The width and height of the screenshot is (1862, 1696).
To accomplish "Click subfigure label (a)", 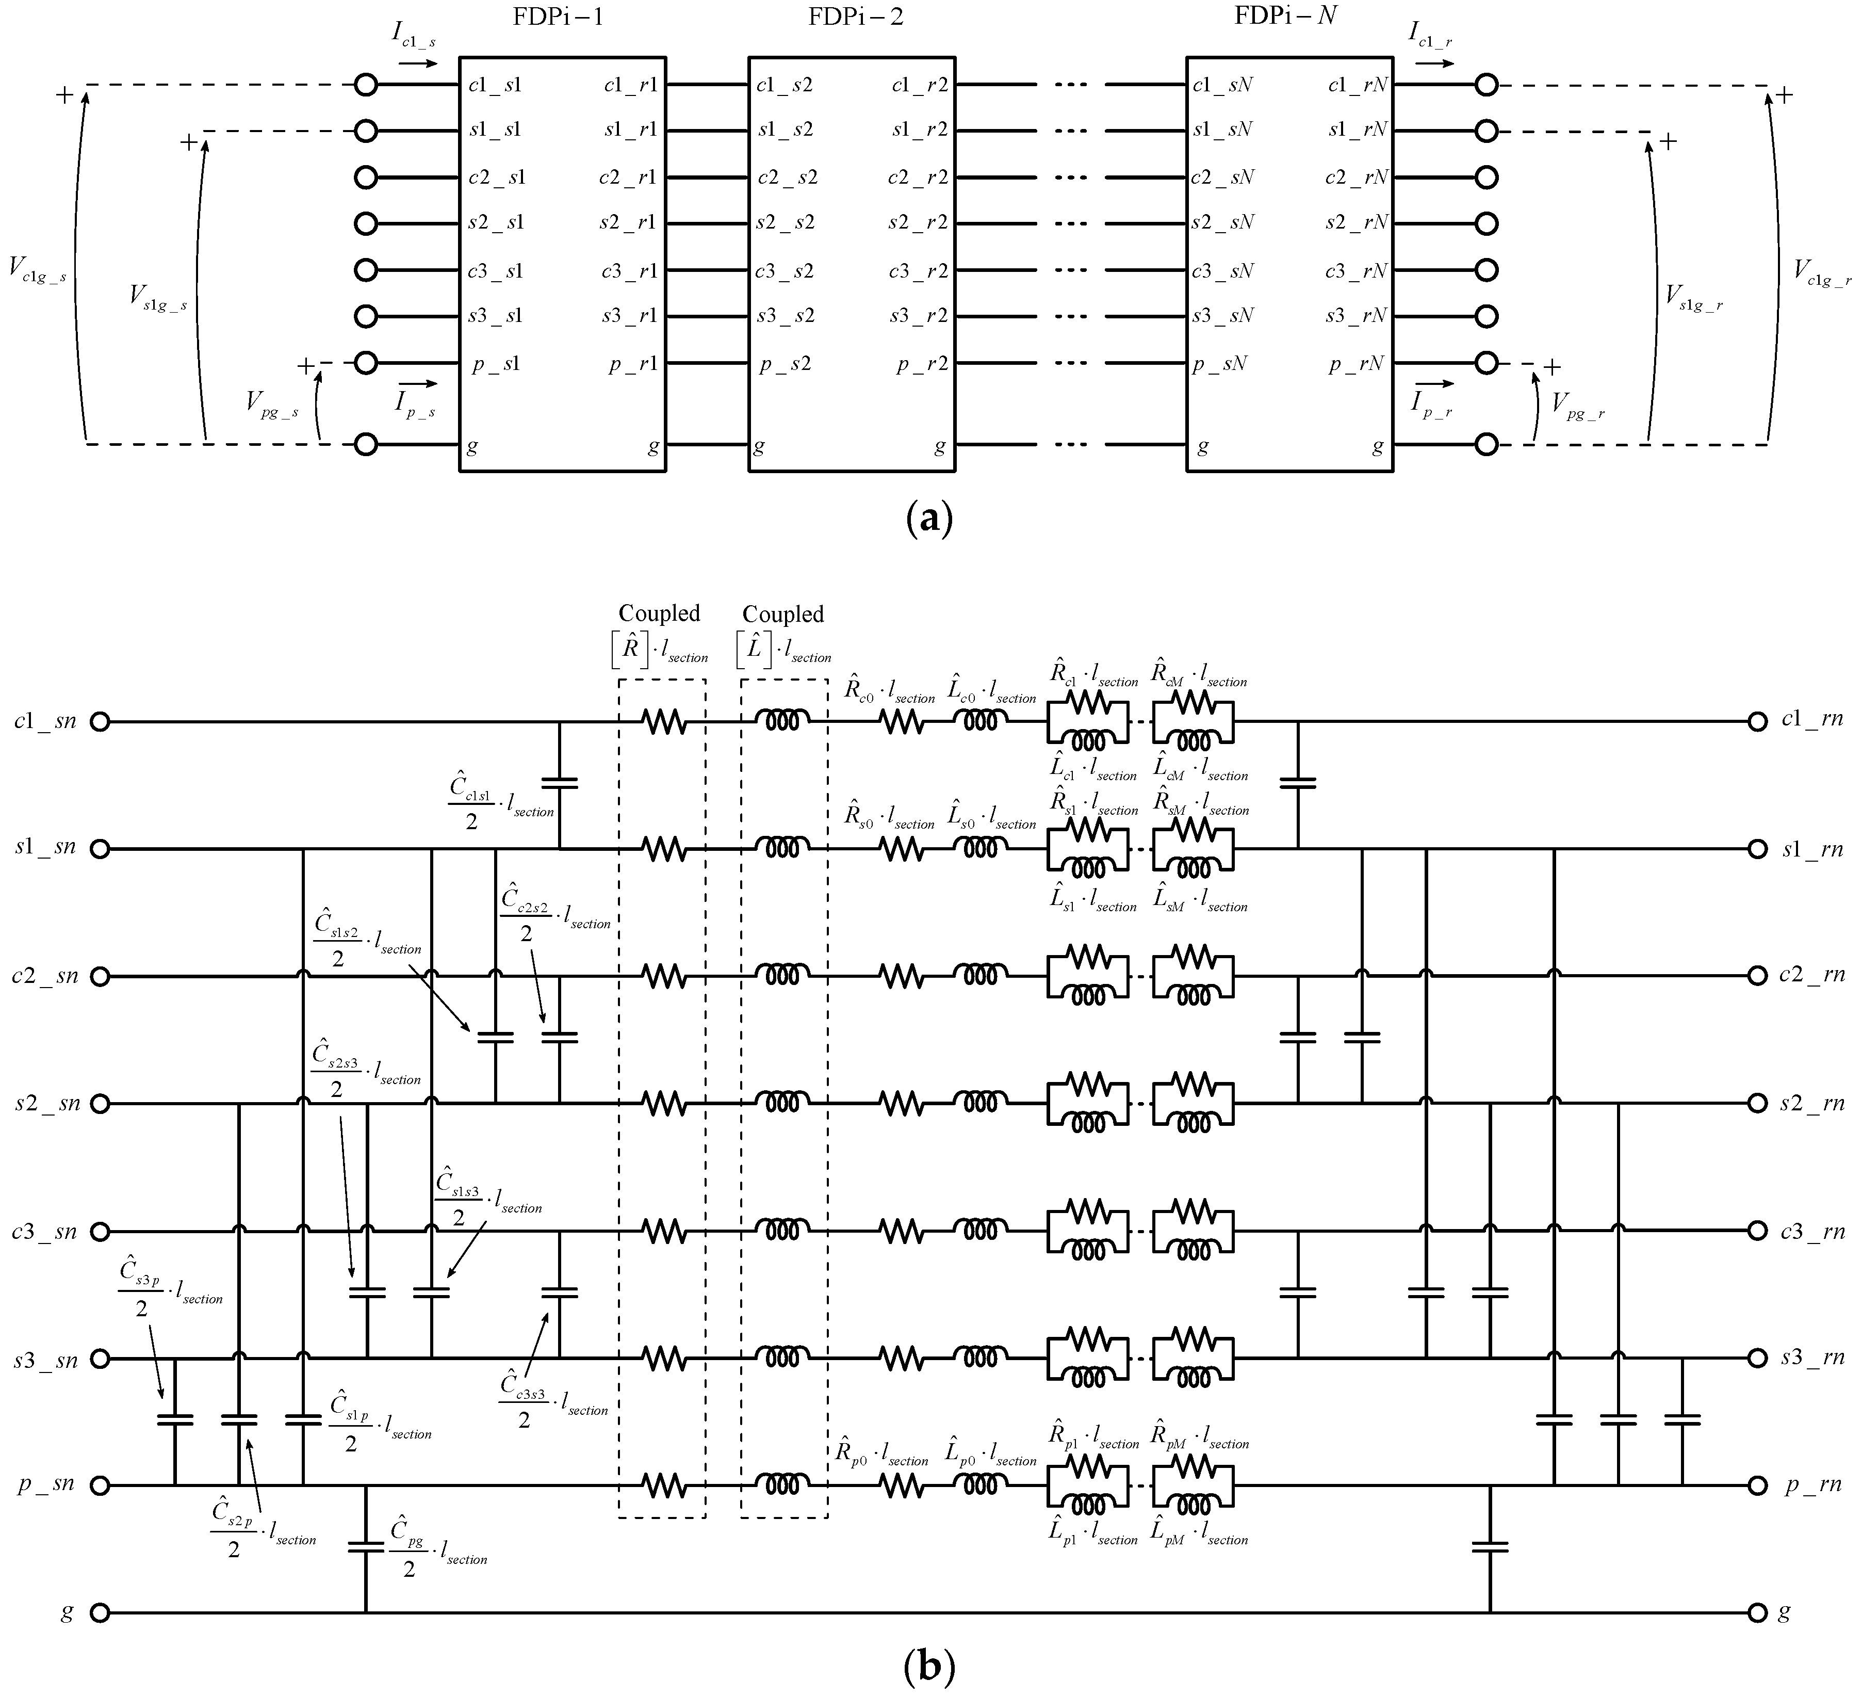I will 929,518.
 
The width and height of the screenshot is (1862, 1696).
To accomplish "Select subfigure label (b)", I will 929,1668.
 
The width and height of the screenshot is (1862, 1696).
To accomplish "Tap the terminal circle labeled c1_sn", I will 100,721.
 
